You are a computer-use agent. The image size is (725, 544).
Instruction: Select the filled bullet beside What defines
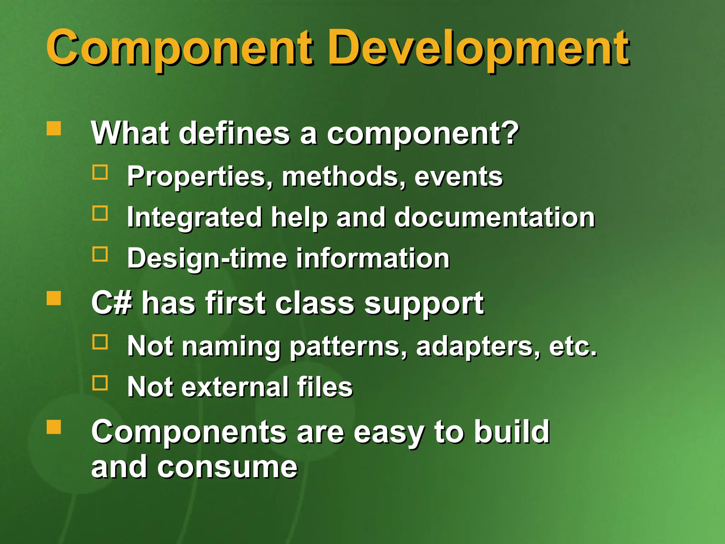coord(54,129)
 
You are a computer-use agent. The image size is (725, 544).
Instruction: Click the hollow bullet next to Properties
coord(100,172)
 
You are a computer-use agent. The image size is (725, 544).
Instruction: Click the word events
coord(458,176)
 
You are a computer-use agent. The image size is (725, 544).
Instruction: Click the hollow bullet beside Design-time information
coord(100,254)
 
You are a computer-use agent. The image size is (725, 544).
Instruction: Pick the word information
coord(372,258)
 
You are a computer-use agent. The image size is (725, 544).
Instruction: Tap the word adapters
coord(477,346)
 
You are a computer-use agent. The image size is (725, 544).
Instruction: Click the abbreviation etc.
coord(572,346)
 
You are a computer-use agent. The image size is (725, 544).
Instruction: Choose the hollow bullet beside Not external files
coord(100,383)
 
